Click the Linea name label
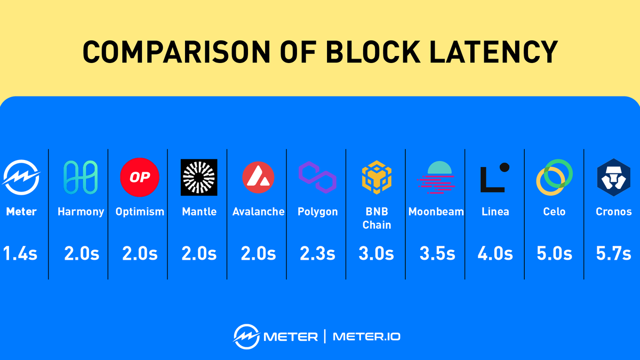495,212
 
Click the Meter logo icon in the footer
246,336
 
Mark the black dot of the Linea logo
504,167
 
